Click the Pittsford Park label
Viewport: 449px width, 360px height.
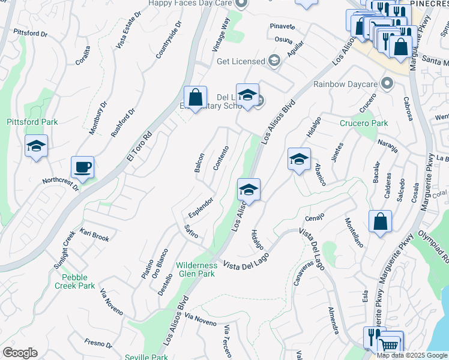32,122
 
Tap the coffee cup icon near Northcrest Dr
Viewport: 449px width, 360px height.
82,167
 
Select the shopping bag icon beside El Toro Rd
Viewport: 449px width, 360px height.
195,97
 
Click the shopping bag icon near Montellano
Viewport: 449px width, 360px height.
380,222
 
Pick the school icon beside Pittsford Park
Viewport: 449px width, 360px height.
37,146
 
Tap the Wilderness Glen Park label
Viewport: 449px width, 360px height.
196,269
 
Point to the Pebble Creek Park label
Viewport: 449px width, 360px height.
78,281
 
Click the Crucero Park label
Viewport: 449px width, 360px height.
364,124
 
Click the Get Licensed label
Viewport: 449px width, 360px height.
241,61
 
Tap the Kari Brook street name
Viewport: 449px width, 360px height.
95,235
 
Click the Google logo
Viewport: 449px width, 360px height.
20,353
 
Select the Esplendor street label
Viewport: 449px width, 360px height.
200,206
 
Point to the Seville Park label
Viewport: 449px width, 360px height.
146,357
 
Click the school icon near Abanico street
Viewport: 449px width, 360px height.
299,160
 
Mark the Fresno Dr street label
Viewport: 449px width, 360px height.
98,344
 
